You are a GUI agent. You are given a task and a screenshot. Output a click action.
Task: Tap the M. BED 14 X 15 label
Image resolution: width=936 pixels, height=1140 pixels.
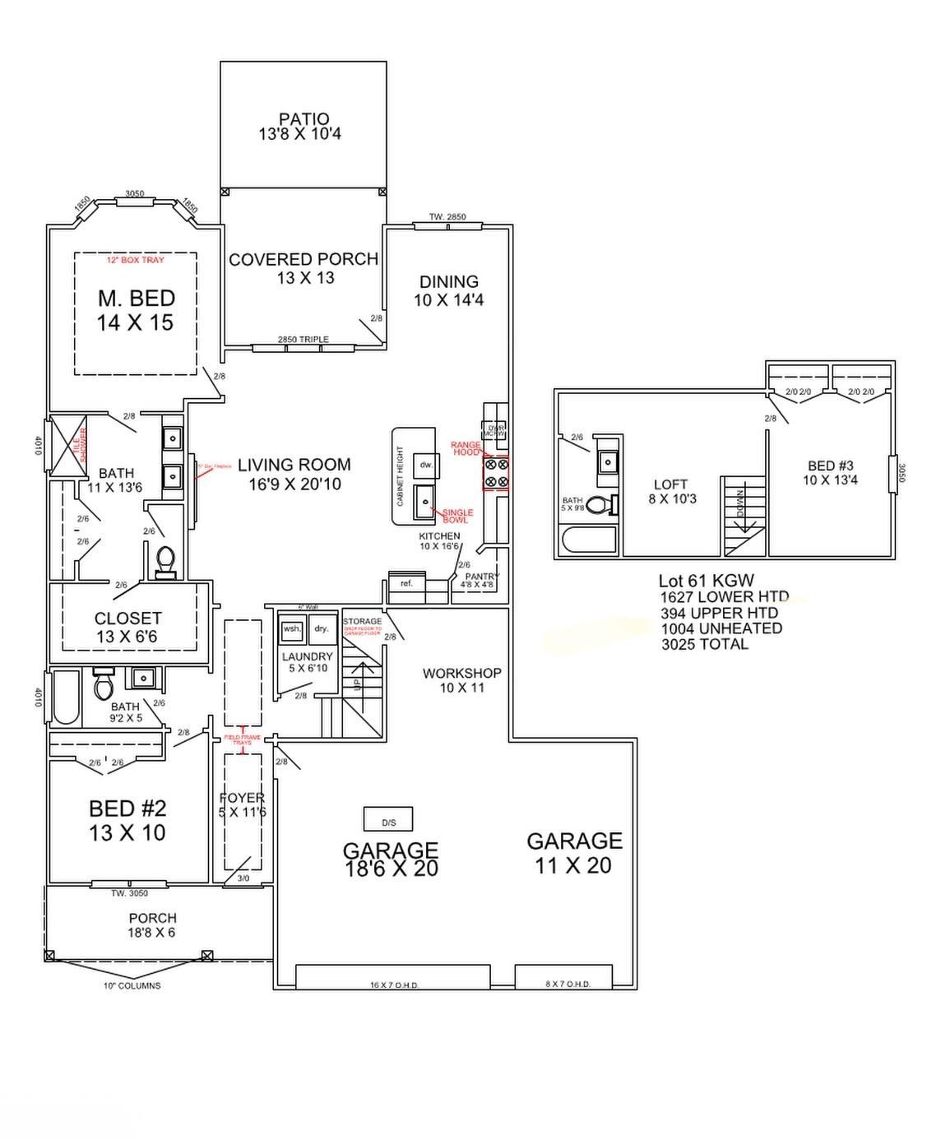coord(136,310)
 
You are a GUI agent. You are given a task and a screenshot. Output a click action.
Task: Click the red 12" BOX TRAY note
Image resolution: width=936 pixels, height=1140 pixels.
coord(136,260)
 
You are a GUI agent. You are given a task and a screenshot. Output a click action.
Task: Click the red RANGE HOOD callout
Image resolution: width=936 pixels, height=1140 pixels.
coord(466,448)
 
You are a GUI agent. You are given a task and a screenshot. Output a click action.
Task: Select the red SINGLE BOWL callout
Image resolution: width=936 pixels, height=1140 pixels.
coord(456,516)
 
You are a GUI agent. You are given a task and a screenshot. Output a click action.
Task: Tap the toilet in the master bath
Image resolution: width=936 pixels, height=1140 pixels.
coord(165,561)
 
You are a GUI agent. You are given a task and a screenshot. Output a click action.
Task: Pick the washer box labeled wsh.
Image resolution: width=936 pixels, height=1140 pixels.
coord(292,629)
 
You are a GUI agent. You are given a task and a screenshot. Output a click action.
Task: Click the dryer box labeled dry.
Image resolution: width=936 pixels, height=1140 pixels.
coord(321,629)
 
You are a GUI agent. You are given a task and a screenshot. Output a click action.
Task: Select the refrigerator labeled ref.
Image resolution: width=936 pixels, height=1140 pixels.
coord(406,583)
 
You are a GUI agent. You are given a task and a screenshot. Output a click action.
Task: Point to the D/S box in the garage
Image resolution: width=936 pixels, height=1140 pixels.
coord(388,820)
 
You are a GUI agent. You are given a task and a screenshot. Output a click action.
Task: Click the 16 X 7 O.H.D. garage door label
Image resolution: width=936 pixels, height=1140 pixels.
coord(393,985)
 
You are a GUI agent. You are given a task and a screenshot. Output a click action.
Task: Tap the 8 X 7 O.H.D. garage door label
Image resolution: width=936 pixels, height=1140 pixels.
coord(568,985)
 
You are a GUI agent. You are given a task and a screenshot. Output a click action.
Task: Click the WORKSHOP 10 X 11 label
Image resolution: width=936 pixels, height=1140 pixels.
coord(461,680)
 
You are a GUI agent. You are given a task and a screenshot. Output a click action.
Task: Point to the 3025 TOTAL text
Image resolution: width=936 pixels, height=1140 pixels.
coord(705,644)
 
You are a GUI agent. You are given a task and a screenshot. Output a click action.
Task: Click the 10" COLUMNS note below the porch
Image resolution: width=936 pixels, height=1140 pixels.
coord(132,985)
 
